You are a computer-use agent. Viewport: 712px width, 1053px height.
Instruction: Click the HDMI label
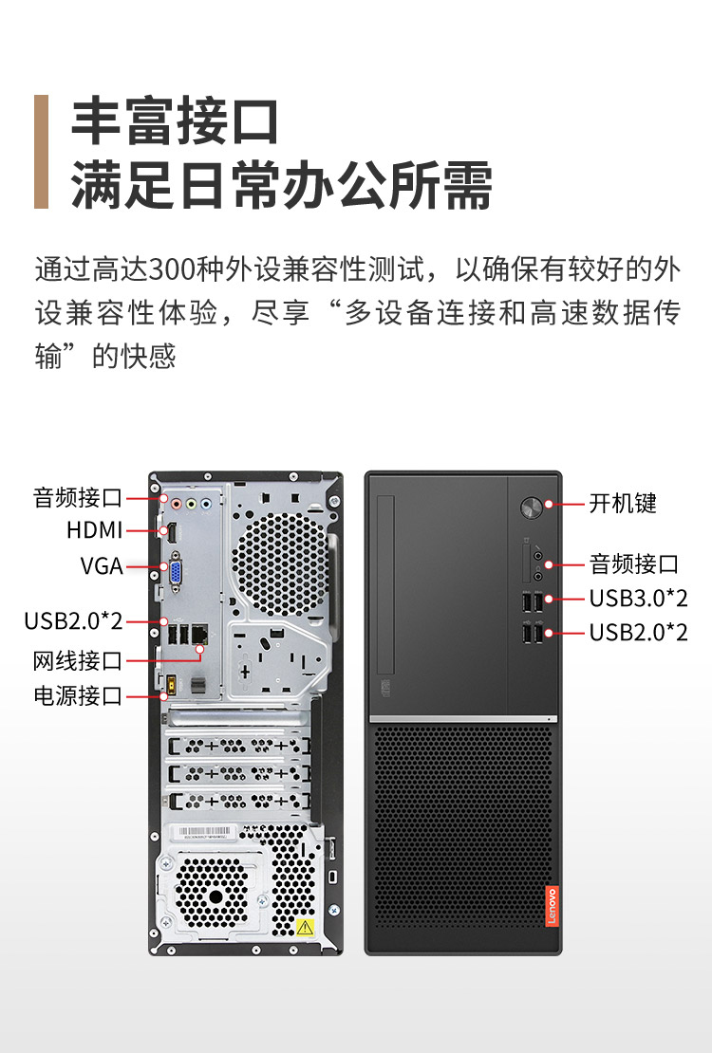point(94,530)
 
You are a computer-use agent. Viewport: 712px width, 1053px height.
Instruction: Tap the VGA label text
point(102,565)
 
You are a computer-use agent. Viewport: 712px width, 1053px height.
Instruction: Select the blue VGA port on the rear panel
point(175,573)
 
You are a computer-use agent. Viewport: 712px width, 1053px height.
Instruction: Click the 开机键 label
point(623,503)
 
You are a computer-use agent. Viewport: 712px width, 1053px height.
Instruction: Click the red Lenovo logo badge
point(552,906)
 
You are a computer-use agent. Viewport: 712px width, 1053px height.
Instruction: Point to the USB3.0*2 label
point(639,598)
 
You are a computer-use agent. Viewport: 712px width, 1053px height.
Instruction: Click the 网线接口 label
point(77,661)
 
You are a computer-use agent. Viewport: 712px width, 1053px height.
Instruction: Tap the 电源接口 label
point(77,695)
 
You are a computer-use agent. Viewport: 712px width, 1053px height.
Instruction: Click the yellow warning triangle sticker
point(306,928)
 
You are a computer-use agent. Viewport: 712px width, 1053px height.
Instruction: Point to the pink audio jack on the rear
point(177,503)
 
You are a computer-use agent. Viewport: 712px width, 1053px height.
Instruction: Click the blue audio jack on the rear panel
point(206,503)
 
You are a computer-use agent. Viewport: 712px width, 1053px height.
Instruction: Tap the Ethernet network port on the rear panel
point(199,634)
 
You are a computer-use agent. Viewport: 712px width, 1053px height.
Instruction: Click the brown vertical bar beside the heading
point(41,152)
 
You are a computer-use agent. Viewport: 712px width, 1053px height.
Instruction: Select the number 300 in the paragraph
point(172,269)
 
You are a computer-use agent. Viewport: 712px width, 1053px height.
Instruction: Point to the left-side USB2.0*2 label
point(73,620)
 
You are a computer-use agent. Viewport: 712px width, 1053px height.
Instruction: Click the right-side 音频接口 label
point(634,563)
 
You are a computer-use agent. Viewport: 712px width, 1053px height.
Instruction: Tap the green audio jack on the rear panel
point(191,503)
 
